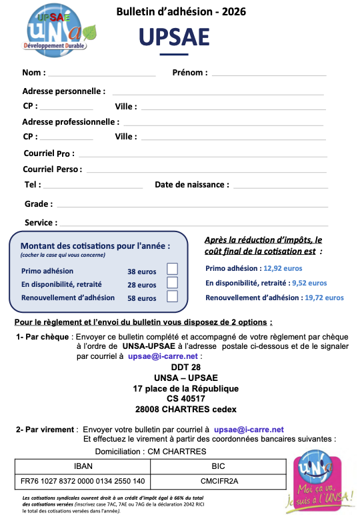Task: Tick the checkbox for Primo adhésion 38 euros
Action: coord(172,269)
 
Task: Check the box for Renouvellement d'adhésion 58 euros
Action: coord(172,297)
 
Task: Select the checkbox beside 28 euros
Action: coord(172,283)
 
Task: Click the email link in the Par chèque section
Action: coord(163,357)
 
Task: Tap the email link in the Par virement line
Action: coord(249,429)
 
